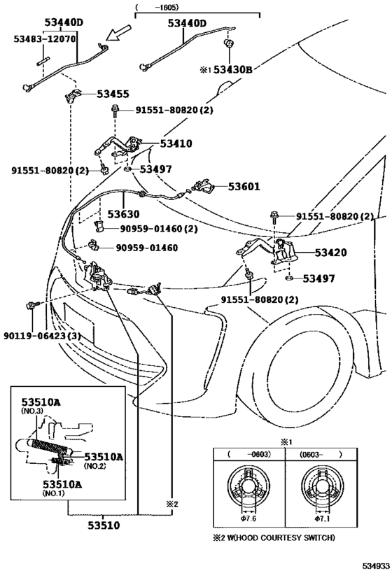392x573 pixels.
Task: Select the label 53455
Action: pyautogui.click(x=113, y=93)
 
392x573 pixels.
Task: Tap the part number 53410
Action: pyautogui.click(x=176, y=143)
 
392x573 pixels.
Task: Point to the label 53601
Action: pyautogui.click(x=224, y=187)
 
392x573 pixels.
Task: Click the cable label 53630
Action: pyautogui.click(x=123, y=213)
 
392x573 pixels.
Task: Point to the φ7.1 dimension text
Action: pyautogui.click(x=323, y=519)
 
